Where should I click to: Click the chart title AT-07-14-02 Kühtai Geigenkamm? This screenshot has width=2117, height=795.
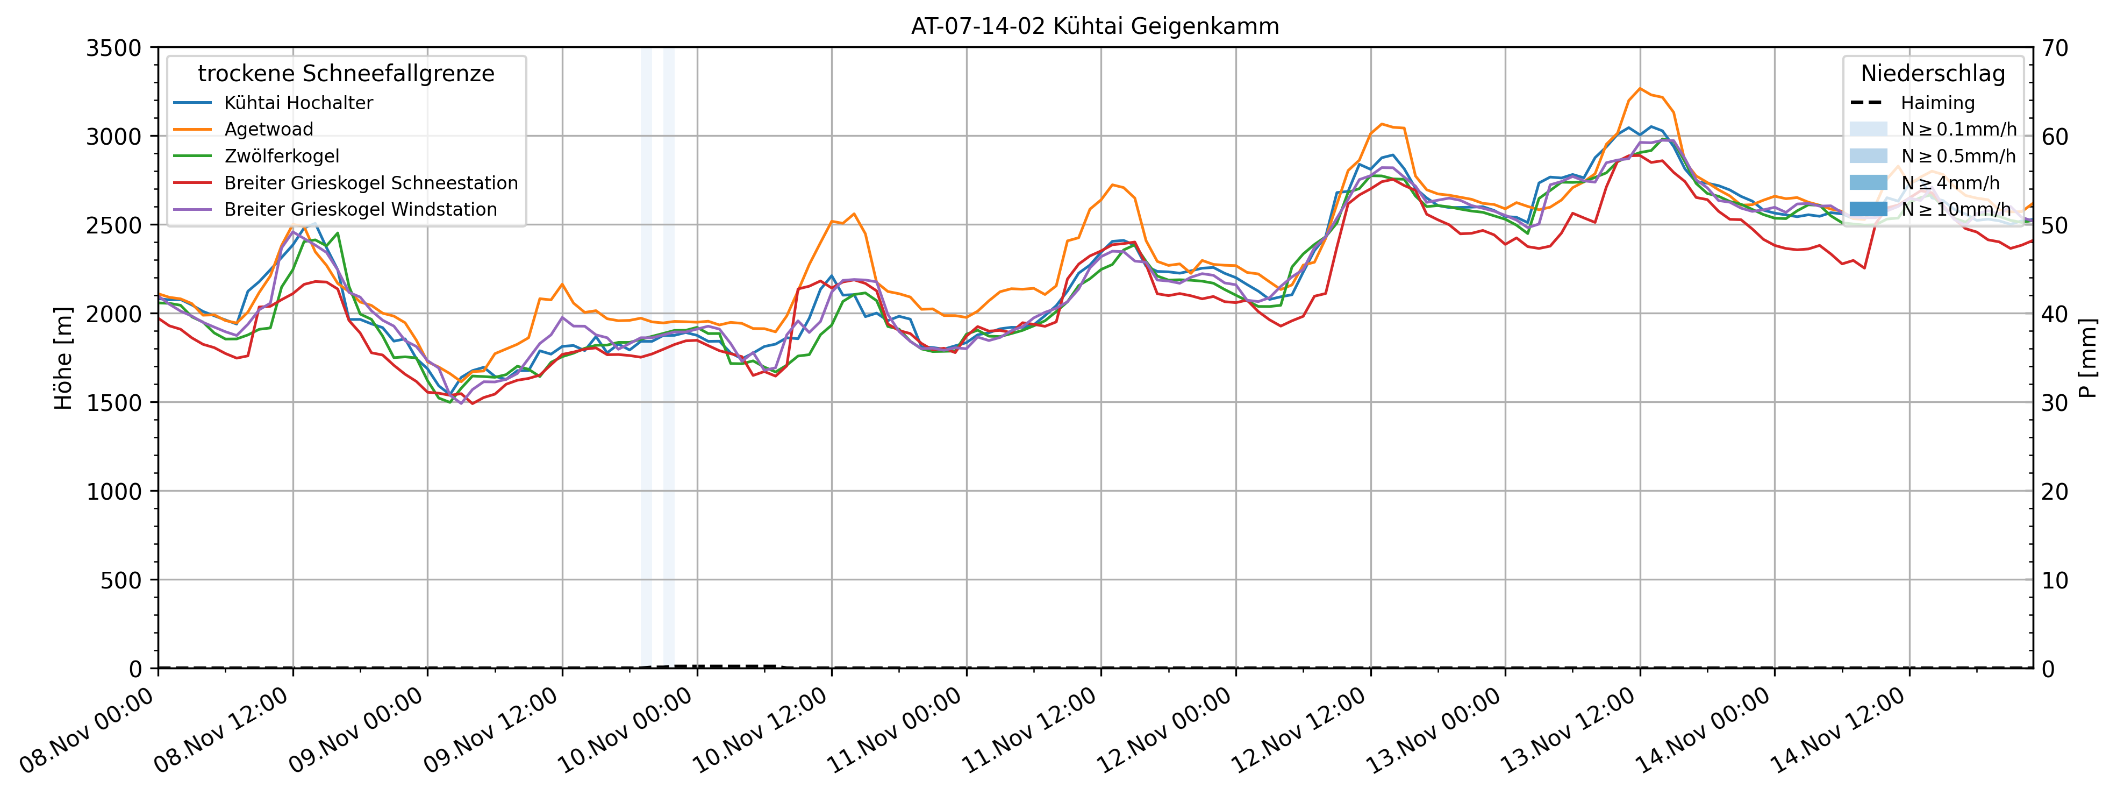1095,26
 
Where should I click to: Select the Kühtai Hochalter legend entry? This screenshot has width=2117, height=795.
298,103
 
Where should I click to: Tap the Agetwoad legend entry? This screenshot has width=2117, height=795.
269,129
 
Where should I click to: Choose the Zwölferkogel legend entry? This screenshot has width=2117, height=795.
281,156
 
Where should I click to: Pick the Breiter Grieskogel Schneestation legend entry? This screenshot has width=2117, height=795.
370,182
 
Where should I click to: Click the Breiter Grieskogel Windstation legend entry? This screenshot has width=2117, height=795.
360,210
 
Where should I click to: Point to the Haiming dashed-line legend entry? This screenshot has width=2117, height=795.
1937,103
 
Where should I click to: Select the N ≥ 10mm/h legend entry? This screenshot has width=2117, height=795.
1955,210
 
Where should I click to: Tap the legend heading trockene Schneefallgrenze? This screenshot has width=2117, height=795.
346,74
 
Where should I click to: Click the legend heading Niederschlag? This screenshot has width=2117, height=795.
1933,74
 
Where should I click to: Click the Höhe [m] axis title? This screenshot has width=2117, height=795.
63,358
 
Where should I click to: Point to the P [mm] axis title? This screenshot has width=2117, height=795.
2088,358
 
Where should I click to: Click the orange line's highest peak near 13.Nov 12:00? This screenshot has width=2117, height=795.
1640,88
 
